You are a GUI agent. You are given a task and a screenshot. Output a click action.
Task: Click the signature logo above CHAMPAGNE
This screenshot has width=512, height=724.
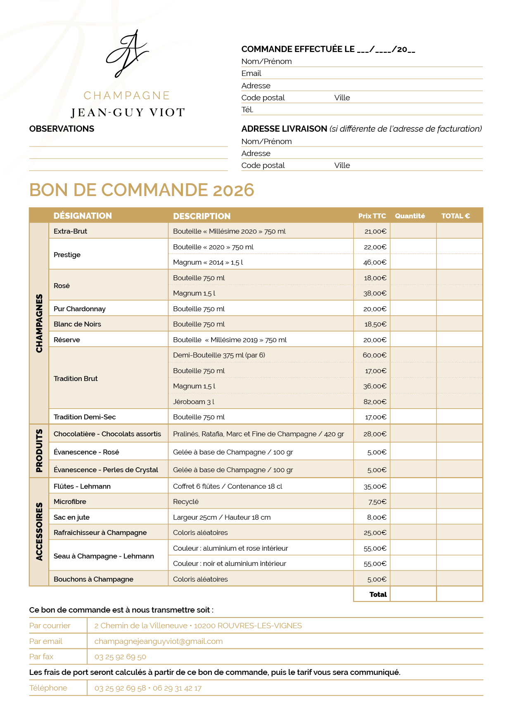point(127,54)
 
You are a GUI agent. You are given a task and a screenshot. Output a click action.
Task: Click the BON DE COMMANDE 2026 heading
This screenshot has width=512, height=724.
point(142,190)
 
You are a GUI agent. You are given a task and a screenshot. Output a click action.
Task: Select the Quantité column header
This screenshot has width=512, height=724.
point(410,216)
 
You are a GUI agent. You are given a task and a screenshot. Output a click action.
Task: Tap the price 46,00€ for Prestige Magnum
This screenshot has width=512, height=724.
point(375,263)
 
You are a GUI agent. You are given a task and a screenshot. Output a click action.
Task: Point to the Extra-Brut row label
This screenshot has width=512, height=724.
point(70,231)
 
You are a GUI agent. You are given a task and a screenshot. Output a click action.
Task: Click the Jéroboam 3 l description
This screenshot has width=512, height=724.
point(194,402)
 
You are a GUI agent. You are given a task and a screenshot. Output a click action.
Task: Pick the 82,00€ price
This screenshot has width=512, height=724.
point(375,402)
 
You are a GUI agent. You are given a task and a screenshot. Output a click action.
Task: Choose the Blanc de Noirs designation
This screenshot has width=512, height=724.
point(77,324)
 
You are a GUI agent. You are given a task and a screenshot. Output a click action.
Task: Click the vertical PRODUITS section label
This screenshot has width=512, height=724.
point(39,451)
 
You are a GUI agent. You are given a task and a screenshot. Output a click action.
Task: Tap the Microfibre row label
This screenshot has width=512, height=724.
point(70,502)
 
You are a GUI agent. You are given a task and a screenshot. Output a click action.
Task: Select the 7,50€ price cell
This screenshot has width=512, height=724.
point(377,502)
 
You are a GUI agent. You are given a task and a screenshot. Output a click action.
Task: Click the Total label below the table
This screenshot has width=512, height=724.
point(378,594)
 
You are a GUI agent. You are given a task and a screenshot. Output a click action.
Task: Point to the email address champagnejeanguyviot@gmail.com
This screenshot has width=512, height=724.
point(159,641)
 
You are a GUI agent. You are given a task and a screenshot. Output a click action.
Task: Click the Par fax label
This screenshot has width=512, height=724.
point(41,657)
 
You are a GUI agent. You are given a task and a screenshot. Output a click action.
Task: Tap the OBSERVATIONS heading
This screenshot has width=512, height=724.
point(62,129)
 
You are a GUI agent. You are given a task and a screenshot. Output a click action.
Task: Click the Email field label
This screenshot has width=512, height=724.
point(251,73)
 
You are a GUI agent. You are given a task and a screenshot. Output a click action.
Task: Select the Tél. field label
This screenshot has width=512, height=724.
point(247,110)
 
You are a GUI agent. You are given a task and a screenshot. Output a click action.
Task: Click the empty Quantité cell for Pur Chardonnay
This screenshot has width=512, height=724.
point(413,309)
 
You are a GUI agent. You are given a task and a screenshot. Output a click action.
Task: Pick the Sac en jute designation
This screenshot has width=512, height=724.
point(71,517)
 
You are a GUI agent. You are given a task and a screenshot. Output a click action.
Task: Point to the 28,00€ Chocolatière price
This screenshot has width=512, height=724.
point(375,434)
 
